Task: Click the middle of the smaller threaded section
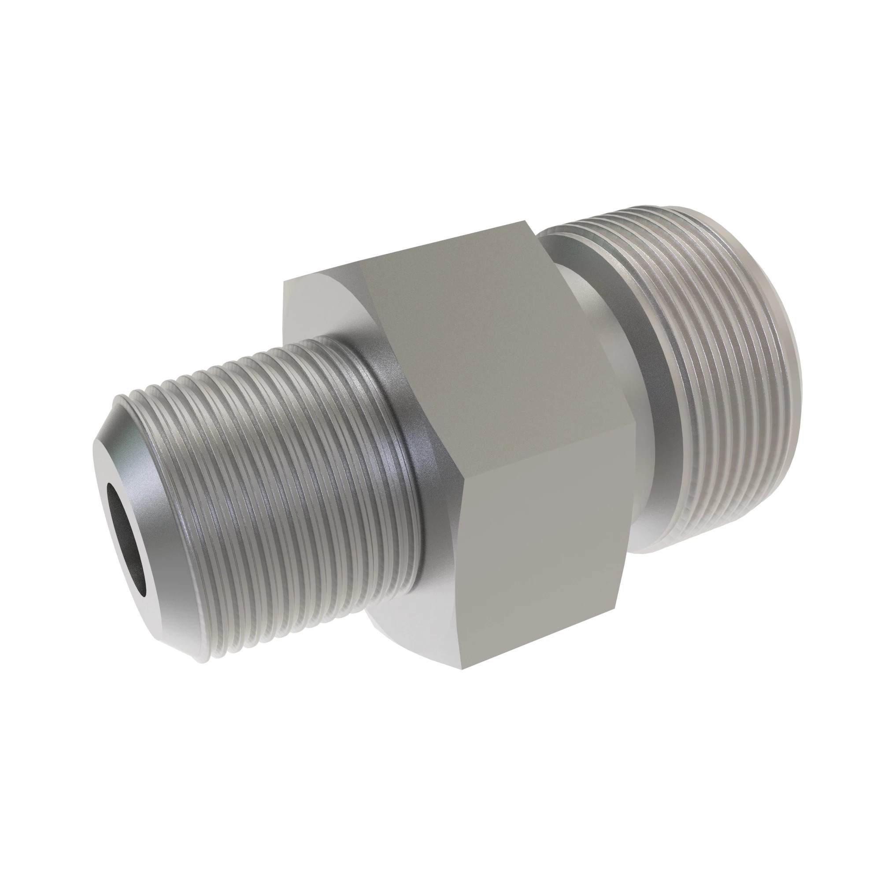274,479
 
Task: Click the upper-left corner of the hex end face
284,283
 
